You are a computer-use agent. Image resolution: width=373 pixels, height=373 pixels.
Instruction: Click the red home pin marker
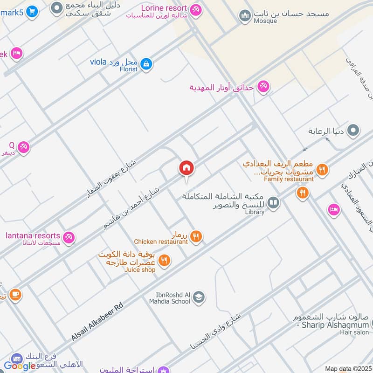pyautogui.click(x=186, y=168)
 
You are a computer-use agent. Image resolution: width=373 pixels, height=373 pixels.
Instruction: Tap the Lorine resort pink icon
pyautogui.click(x=196, y=9)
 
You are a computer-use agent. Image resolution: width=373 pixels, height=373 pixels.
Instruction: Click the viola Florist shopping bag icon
pyautogui.click(x=146, y=64)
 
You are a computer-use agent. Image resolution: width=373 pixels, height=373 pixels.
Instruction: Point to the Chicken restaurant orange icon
pyautogui.click(x=196, y=237)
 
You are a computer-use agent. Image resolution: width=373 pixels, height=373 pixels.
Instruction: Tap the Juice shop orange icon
pyautogui.click(x=164, y=261)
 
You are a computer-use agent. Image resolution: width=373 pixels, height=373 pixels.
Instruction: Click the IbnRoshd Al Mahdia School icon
pyautogui.click(x=199, y=297)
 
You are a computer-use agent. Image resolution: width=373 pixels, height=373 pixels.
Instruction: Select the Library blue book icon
pyautogui.click(x=274, y=203)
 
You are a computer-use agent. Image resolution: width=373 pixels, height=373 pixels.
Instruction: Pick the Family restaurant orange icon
pyautogui.click(x=322, y=169)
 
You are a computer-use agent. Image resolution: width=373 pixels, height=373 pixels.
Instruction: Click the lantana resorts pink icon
pyautogui.click(x=69, y=237)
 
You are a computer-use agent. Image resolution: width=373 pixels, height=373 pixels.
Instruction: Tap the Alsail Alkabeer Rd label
pyautogui.click(x=97, y=322)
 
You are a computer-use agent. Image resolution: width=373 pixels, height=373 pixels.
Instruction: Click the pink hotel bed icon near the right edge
pyautogui.click(x=333, y=210)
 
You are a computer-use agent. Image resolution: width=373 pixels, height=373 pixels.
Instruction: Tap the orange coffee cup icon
pyautogui.click(x=15, y=295)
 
